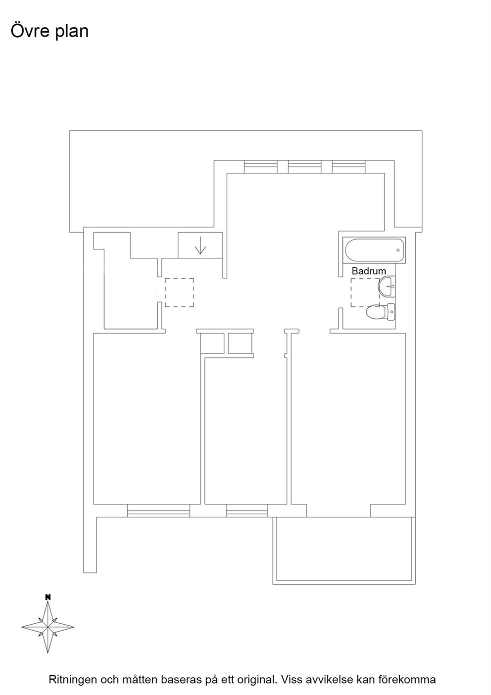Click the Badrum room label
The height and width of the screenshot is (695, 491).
point(368,271)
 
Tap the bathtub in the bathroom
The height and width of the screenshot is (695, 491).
point(374,250)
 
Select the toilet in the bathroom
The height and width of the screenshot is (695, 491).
point(381,312)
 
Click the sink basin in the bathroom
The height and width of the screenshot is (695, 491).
point(386,287)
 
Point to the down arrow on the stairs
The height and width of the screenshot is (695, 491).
point(200,245)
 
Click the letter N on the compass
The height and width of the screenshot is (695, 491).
point(48,597)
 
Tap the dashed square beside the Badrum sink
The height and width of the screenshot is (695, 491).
point(365,293)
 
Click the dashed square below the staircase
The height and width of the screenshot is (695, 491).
point(179,293)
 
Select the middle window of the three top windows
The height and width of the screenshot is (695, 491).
point(304,167)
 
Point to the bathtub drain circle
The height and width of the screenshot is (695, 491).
point(398,250)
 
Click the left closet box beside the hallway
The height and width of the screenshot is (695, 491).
point(212,343)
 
